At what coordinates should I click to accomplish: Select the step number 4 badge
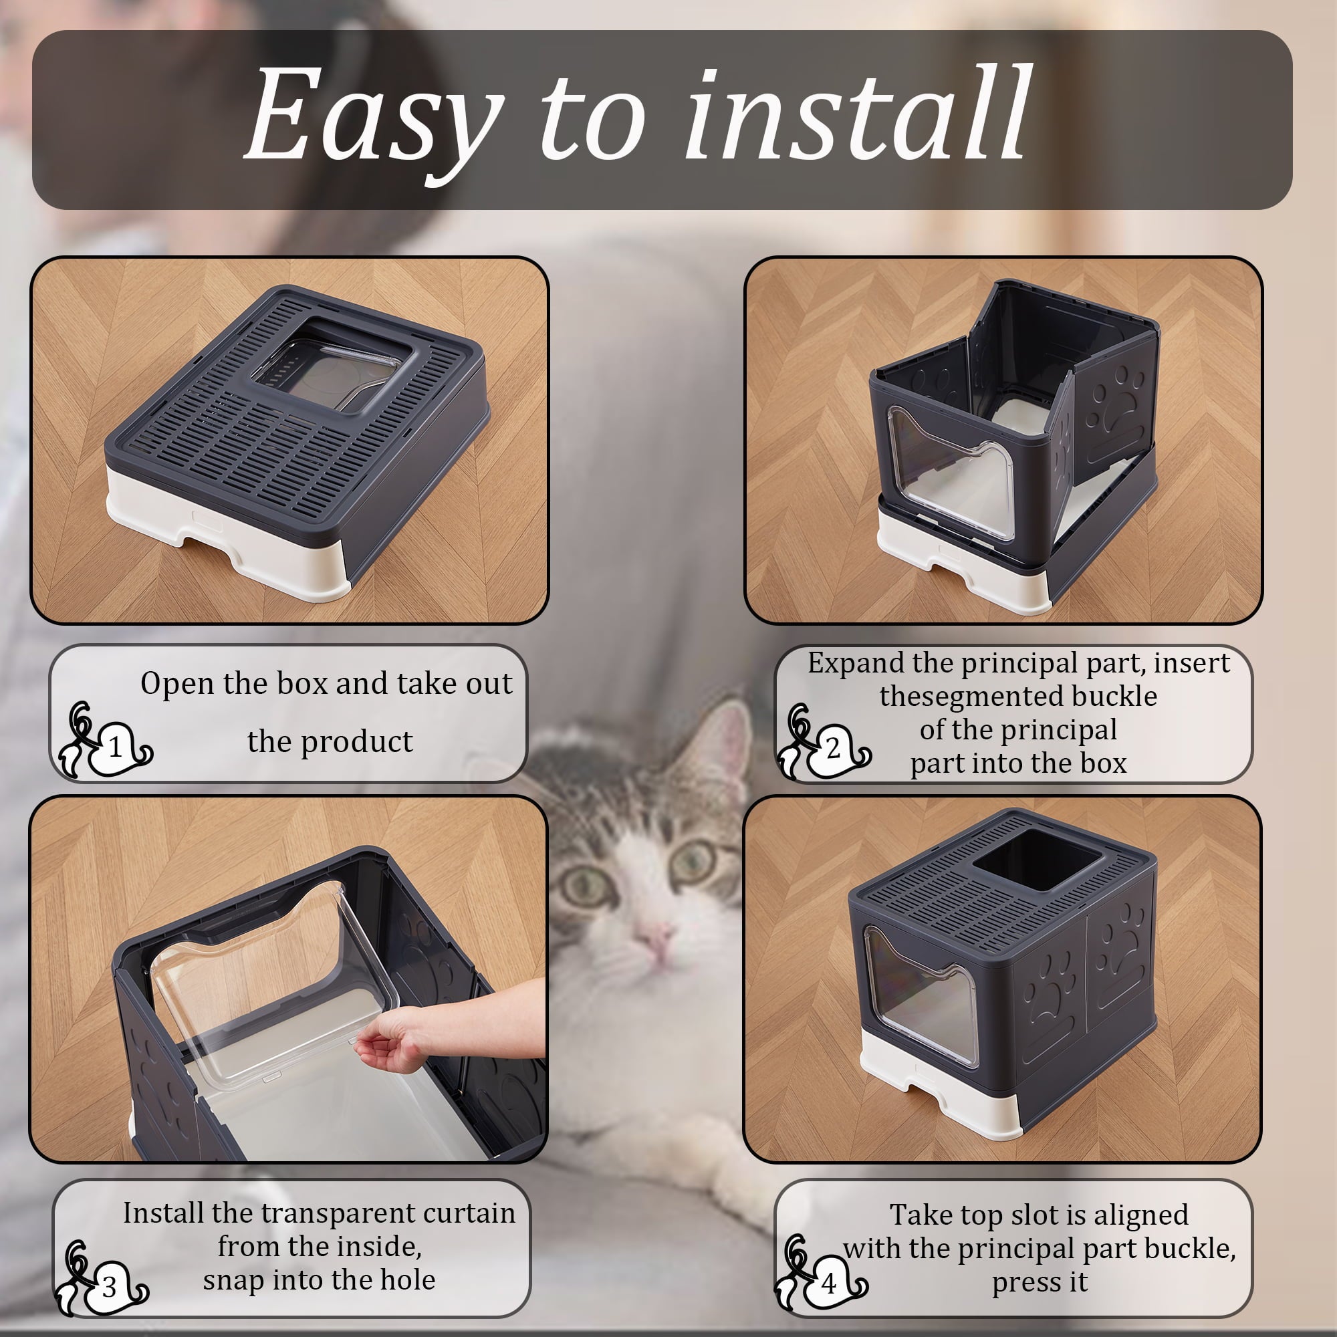pyautogui.click(x=829, y=1284)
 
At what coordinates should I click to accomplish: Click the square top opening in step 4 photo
pyautogui.click(x=1036, y=860)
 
